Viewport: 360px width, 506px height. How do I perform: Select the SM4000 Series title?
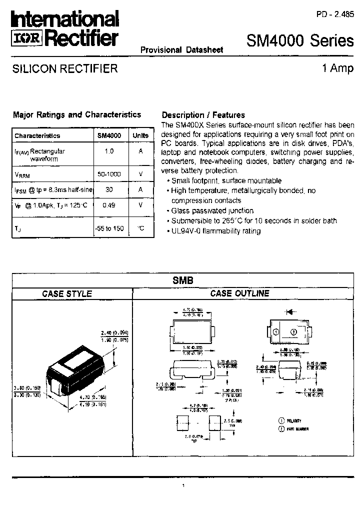(300, 41)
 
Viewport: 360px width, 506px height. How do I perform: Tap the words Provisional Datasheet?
(181, 49)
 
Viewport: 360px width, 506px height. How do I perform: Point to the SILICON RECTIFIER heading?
(65, 68)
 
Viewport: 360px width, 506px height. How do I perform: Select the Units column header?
(140, 135)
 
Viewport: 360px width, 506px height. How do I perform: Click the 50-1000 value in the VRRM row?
(109, 173)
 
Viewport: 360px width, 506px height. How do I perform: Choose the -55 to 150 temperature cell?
(109, 228)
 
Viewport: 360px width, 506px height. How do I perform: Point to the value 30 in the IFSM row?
(109, 189)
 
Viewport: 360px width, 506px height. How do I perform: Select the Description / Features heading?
(203, 115)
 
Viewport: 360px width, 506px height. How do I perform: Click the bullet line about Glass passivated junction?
(212, 211)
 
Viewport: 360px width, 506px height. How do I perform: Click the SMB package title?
(183, 281)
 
